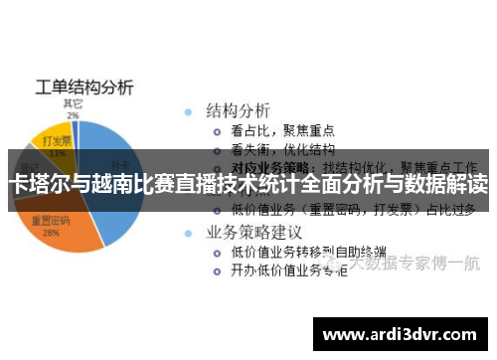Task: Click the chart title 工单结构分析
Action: click(83, 86)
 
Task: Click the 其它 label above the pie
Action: click(73, 102)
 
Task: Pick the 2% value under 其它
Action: click(73, 114)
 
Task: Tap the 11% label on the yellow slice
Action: click(57, 154)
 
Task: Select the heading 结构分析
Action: click(238, 108)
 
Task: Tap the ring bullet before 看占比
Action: click(215, 130)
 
